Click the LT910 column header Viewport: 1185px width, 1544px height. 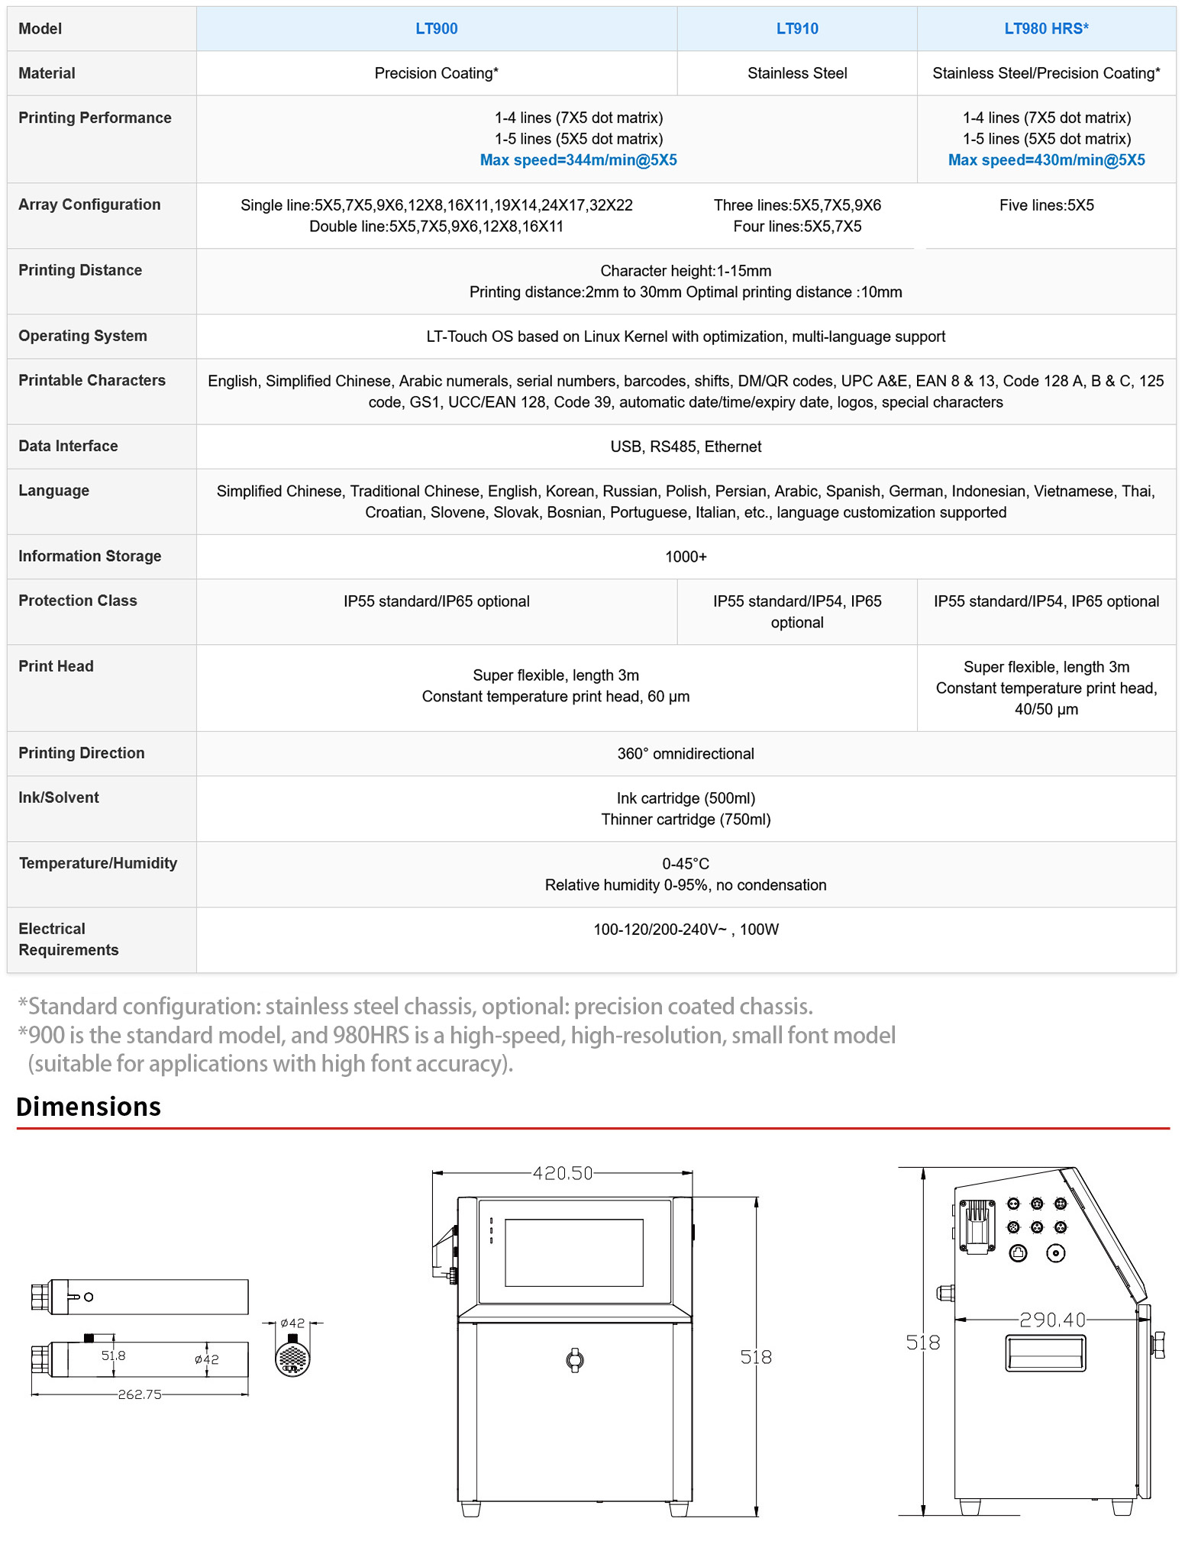pyautogui.click(x=796, y=29)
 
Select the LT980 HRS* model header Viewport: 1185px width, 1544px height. pyautogui.click(x=1045, y=29)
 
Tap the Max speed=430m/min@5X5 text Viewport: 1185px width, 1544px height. pyautogui.click(x=1045, y=160)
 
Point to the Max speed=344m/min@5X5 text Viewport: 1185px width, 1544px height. pyautogui.click(x=578, y=160)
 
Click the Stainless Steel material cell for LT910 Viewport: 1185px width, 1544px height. pyautogui.click(x=796, y=73)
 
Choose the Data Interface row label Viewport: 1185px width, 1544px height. pyautogui.click(x=68, y=446)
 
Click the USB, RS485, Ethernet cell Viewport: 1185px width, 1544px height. pyautogui.click(x=685, y=446)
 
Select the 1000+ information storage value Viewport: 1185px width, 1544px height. pyautogui.click(x=685, y=556)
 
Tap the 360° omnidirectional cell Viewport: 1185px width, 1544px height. pyautogui.click(x=685, y=753)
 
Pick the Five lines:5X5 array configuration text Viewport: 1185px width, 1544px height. pyautogui.click(x=1045, y=205)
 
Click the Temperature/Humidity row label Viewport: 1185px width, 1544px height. pyautogui.click(x=98, y=863)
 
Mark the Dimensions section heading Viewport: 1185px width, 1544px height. pyautogui.click(x=89, y=1107)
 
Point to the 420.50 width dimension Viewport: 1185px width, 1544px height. pyautogui.click(x=562, y=1173)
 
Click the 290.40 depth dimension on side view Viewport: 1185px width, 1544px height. pyautogui.click(x=1051, y=1320)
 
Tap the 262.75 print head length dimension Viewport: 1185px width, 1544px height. pyautogui.click(x=140, y=1394)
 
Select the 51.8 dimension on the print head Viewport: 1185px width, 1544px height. pyautogui.click(x=113, y=1356)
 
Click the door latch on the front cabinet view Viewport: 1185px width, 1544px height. pyautogui.click(x=575, y=1360)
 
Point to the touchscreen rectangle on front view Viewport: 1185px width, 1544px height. pyautogui.click(x=573, y=1252)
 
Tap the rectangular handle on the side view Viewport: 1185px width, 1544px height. pyautogui.click(x=1045, y=1353)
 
